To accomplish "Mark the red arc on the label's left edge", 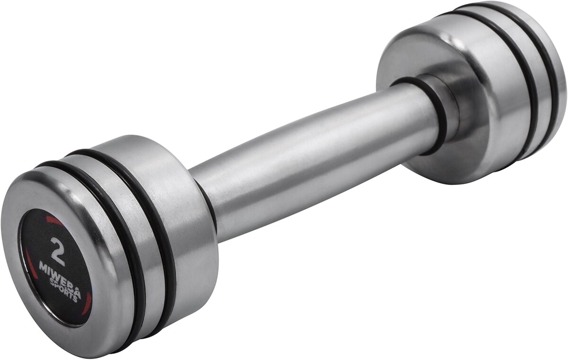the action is point(29,263).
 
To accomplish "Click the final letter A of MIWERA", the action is point(77,294).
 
